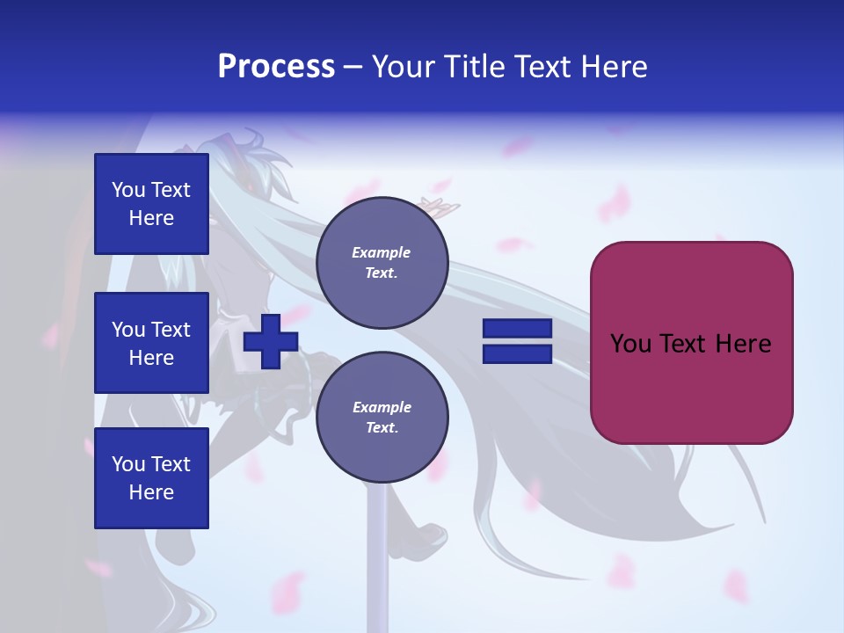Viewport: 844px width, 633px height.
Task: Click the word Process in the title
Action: [x=276, y=67]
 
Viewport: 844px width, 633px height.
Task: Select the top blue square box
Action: [x=151, y=204]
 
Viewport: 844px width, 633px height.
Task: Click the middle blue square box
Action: [x=151, y=343]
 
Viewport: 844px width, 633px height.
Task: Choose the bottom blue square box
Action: [x=151, y=478]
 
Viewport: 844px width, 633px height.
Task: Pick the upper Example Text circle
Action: [x=382, y=263]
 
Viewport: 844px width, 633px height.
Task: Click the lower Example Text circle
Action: [x=382, y=418]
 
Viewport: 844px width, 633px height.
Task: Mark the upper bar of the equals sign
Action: [x=517, y=329]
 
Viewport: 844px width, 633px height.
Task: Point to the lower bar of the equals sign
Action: [x=517, y=354]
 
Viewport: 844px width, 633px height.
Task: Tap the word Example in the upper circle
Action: [x=382, y=252]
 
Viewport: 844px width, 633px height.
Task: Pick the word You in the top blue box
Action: [x=128, y=190]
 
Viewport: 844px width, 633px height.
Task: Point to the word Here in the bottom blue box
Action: [x=151, y=492]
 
